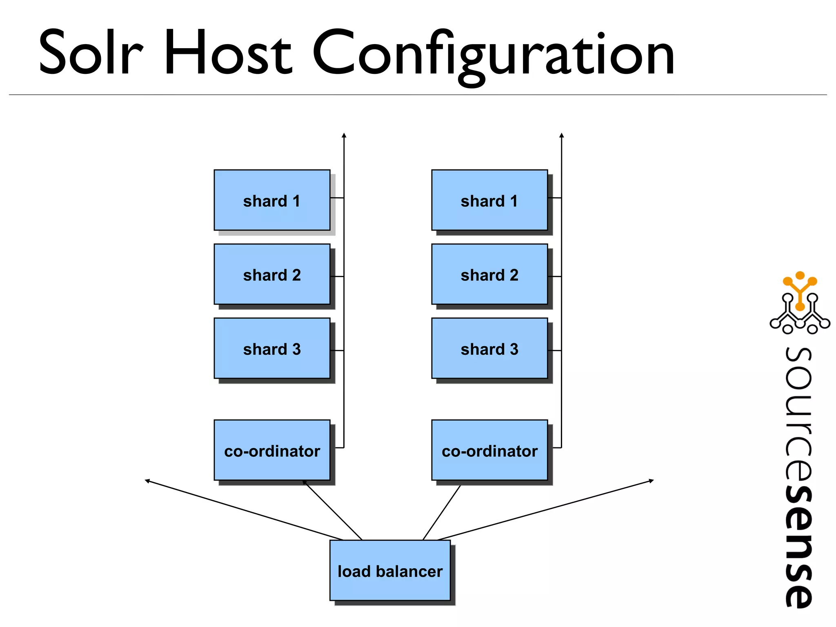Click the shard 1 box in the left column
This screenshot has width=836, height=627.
[272, 200]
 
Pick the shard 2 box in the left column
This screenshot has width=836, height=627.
[272, 274]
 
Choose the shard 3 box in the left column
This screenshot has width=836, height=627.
[272, 348]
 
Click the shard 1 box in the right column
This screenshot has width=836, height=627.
[489, 200]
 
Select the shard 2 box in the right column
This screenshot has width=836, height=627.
[489, 274]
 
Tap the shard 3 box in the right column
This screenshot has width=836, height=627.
[489, 348]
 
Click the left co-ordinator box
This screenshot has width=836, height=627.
[272, 450]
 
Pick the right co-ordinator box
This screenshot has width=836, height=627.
[489, 450]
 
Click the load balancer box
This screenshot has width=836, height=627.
[390, 570]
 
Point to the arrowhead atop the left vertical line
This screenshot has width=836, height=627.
[344, 135]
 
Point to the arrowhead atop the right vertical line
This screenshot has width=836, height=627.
[562, 135]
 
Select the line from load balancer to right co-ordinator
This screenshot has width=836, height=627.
[442, 513]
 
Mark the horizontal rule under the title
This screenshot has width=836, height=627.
[418, 95]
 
